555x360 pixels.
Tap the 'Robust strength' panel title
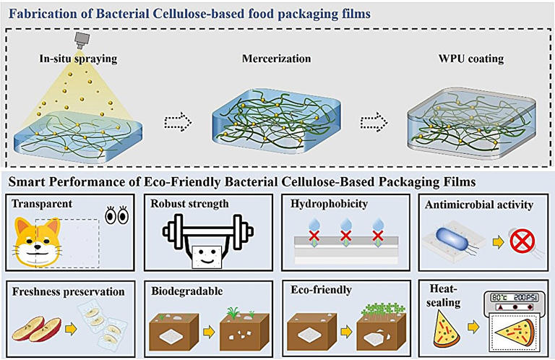pos(189,204)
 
